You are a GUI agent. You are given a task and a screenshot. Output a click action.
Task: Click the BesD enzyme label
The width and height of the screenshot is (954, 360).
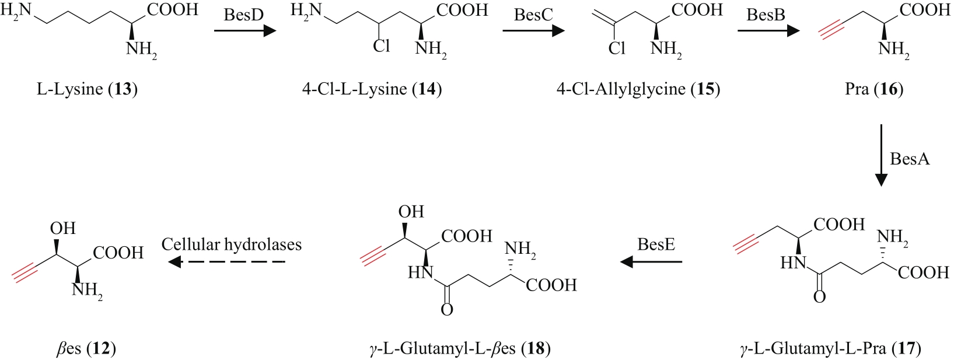pyautogui.click(x=243, y=15)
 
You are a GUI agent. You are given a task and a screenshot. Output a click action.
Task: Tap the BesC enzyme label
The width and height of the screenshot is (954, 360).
pyautogui.click(x=533, y=15)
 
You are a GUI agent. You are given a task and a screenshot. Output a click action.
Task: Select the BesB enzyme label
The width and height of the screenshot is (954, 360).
pyautogui.click(x=766, y=15)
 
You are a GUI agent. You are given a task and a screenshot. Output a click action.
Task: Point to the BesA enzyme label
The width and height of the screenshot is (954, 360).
pyautogui.click(x=910, y=159)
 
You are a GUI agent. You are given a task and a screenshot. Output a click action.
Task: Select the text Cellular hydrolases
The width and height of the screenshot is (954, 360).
pyautogui.click(x=232, y=244)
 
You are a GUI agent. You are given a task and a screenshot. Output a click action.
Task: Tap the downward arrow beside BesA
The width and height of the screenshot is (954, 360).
pyautogui.click(x=881, y=155)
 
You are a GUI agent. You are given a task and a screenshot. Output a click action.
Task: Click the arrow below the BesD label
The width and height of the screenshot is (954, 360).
pyautogui.click(x=244, y=29)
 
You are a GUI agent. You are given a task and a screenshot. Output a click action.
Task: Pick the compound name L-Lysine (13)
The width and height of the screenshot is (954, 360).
pyautogui.click(x=87, y=89)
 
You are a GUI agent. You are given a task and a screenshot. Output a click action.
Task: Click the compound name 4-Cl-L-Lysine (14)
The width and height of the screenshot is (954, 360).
pyautogui.click(x=372, y=89)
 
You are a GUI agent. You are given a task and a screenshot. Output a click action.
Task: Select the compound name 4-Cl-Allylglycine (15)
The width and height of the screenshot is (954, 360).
pyautogui.click(x=638, y=89)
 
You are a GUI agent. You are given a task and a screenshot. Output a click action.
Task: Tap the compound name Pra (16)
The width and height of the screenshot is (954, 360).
pyautogui.click(x=873, y=89)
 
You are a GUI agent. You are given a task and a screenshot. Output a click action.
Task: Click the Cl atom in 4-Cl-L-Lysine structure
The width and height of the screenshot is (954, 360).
pyautogui.click(x=382, y=46)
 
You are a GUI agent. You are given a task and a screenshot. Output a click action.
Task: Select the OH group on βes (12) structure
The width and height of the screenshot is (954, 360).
pyautogui.click(x=62, y=228)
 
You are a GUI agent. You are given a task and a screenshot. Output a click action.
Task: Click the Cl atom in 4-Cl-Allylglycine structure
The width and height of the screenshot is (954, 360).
pyautogui.click(x=617, y=48)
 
